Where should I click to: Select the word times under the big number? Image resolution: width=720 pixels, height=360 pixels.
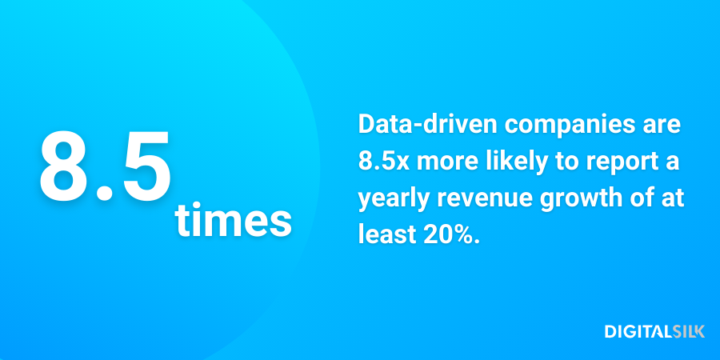click(x=233, y=221)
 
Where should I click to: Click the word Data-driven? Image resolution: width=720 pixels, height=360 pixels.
click(x=415, y=126)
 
